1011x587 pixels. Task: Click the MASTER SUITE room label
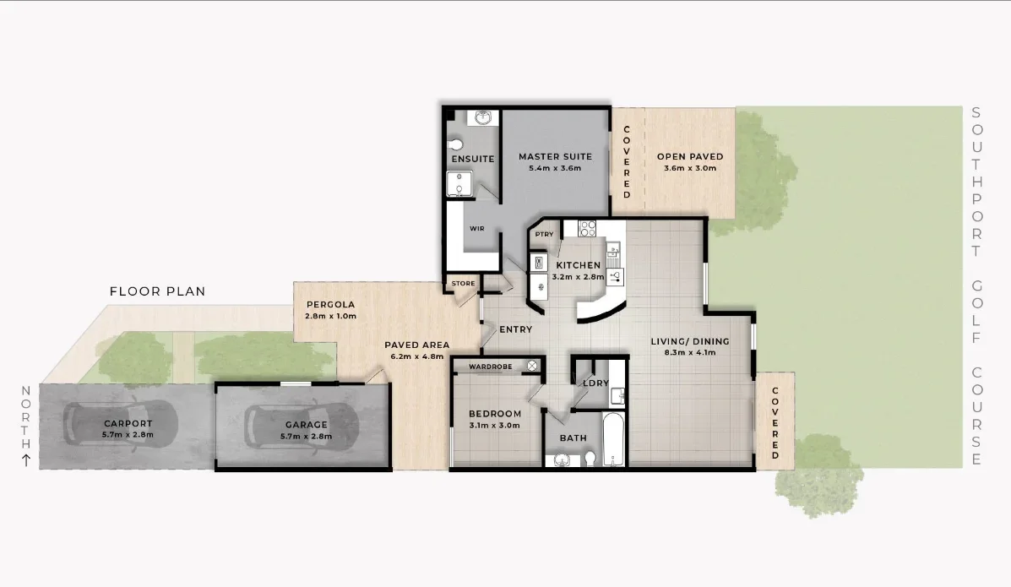tap(555, 156)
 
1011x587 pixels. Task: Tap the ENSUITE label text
tap(472, 159)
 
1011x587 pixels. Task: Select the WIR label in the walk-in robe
tap(476, 228)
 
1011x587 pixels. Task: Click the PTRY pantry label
tap(544, 234)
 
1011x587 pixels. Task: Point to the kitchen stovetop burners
tap(587, 227)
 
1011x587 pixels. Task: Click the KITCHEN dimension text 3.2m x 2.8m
tap(577, 276)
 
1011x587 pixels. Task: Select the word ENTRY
tap(515, 329)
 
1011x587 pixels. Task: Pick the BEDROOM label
tap(495, 413)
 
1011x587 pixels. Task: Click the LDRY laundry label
tap(596, 383)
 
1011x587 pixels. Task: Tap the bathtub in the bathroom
tap(613, 439)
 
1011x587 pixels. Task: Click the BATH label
tap(573, 438)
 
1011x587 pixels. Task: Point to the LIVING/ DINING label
tap(689, 342)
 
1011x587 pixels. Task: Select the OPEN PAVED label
tap(690, 156)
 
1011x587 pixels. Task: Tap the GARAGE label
tap(306, 425)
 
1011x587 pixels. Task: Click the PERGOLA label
tap(330, 304)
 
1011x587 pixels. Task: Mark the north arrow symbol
tap(25, 460)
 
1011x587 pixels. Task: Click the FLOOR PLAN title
tap(158, 291)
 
